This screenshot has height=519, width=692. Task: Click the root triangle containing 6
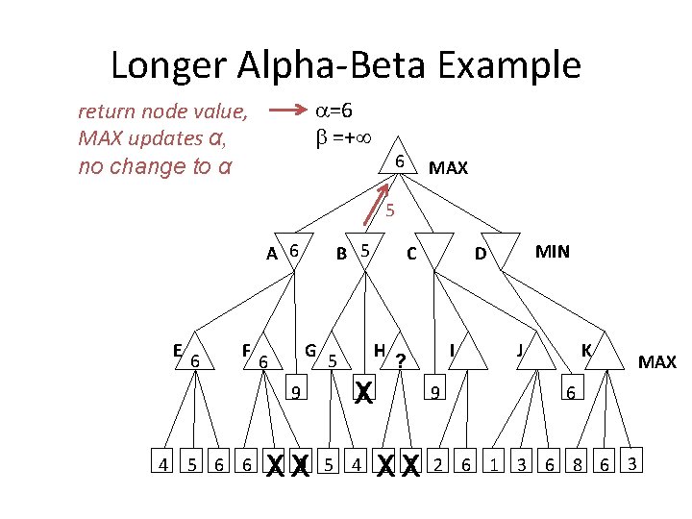[x=398, y=159]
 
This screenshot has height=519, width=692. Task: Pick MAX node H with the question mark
[x=400, y=355]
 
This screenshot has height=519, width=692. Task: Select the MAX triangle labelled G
[x=332, y=355]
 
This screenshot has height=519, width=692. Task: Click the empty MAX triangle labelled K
[x=605, y=355]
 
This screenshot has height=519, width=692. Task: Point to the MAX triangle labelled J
[x=536, y=355]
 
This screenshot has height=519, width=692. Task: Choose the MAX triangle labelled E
[x=194, y=355]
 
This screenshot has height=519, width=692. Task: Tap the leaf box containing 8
[x=577, y=460]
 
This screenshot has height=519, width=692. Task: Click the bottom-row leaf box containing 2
[x=437, y=460]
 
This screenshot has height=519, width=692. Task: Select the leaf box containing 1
[x=493, y=460]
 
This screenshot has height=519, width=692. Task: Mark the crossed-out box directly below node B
[x=364, y=387]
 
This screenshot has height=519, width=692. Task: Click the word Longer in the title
[x=168, y=65]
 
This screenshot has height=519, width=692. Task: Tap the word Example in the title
[x=508, y=65]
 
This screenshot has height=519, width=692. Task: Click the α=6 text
[x=334, y=111]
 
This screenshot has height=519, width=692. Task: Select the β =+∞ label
[x=343, y=137]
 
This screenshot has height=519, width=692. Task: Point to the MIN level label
[x=552, y=252]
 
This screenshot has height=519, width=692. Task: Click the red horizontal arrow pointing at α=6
[x=287, y=110]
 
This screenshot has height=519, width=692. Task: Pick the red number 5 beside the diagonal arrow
[x=389, y=210]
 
